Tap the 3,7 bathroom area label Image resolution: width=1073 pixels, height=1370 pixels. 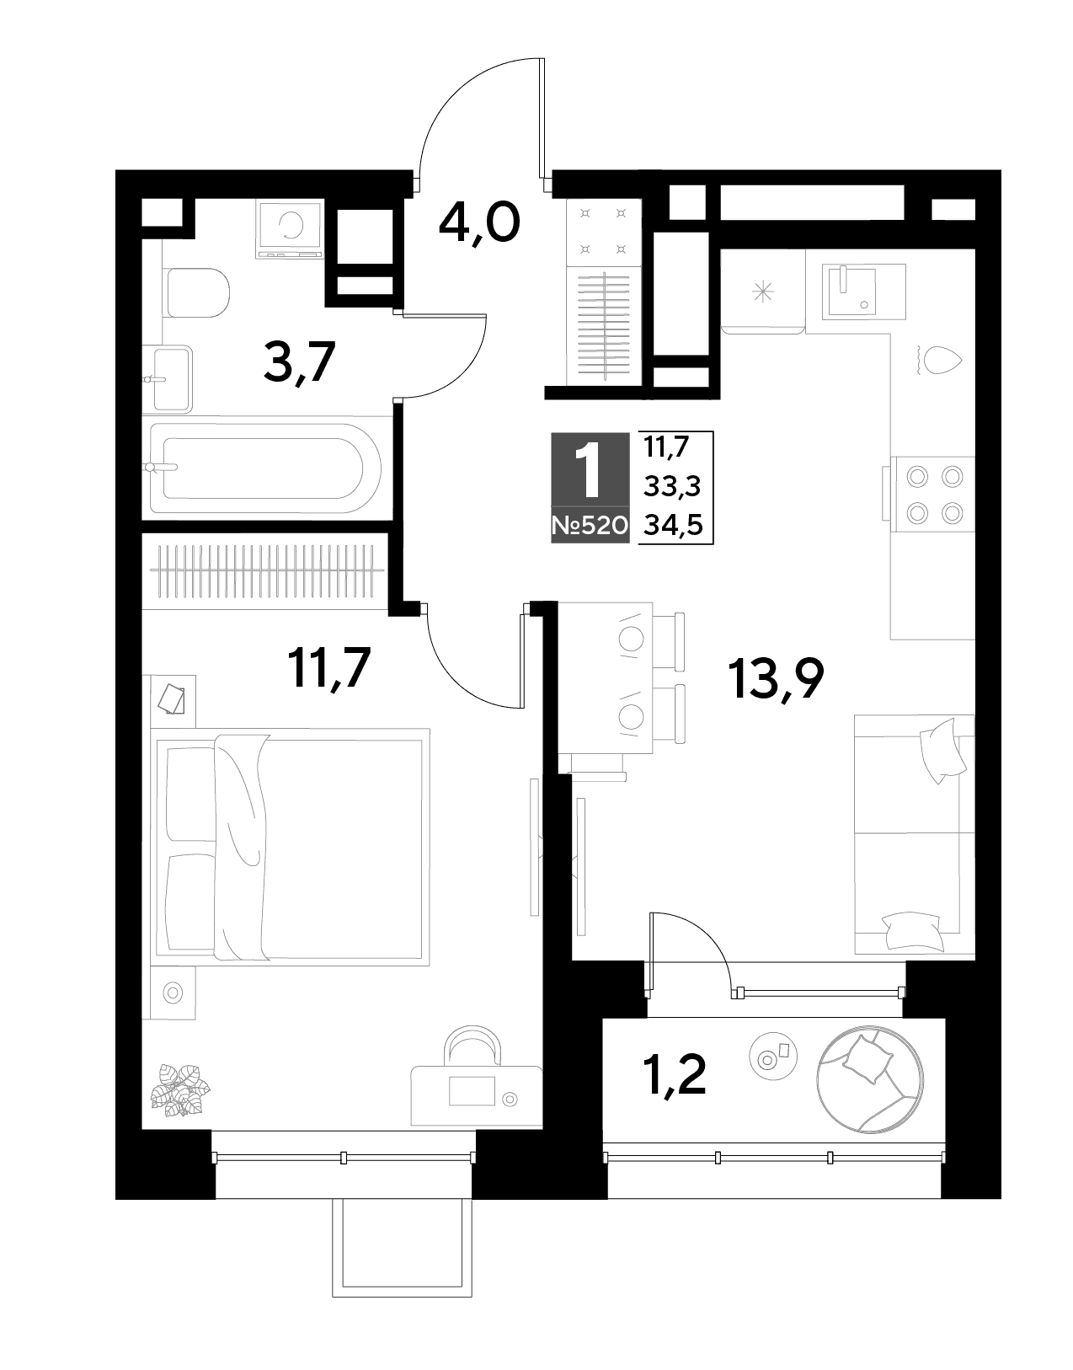pos(299,362)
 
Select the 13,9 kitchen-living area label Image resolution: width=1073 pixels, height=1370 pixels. pos(776,678)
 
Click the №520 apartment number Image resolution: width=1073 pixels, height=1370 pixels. pos(590,525)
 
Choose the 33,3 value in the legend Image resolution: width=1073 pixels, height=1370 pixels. pos(672,486)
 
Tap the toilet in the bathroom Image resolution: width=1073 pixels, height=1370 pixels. pos(196,293)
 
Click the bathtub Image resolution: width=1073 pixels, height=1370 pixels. pos(262,468)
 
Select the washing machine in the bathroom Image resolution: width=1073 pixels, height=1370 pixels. pos(289,229)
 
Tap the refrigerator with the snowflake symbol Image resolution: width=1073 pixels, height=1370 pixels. pos(762,292)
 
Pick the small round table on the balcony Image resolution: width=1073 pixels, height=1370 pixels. pos(773,1058)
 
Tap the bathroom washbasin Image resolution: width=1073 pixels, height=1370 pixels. pos(168,379)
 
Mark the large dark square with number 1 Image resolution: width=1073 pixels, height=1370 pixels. pos(590,469)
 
